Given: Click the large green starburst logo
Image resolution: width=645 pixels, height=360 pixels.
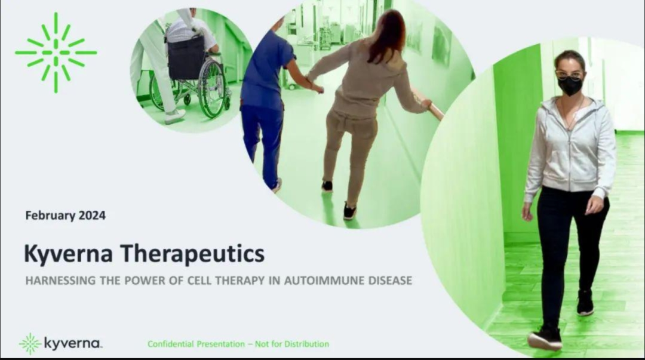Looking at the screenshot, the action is tap(56, 53).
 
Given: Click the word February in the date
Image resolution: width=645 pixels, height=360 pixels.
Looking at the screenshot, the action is tap(50, 216).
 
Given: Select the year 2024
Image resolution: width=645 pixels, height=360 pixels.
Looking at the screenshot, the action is tap(92, 216).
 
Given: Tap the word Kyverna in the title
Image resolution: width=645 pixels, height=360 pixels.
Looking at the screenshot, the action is tap(68, 254).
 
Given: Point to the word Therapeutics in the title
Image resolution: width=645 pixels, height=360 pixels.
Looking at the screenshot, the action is tap(192, 254).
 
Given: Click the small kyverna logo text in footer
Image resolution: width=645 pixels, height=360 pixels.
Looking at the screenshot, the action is tap(72, 343).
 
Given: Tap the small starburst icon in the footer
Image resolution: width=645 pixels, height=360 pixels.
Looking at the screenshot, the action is tap(30, 344).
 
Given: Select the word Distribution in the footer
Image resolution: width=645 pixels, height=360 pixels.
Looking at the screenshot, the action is tap(306, 344).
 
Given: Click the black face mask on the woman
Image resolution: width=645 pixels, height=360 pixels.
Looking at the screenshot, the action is tap(570, 86).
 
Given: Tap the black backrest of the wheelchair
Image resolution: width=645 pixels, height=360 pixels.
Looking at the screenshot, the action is tap(186, 58).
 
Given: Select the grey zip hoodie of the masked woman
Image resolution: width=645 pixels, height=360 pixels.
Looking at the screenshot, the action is tap(570, 148).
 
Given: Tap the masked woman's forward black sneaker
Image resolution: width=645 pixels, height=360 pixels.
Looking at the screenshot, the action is tap(545, 337).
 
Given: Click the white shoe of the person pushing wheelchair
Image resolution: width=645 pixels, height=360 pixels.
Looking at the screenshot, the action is tap(175, 116).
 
